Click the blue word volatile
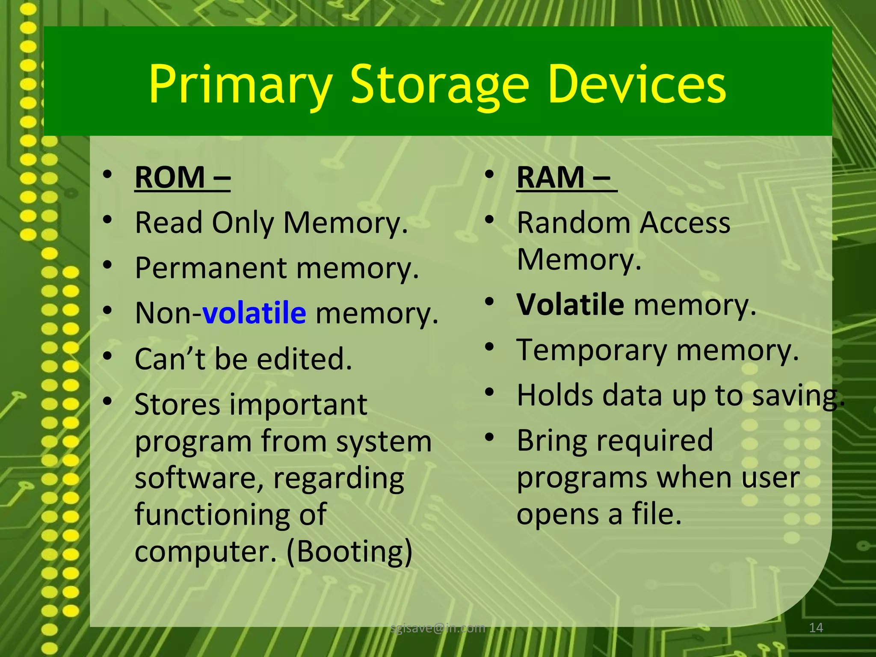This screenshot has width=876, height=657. [x=254, y=313]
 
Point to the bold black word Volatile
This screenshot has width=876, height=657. [x=570, y=305]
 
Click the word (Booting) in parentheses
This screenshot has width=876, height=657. [x=349, y=551]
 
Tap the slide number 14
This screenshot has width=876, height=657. [x=816, y=628]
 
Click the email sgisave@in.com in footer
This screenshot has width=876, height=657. [x=438, y=628]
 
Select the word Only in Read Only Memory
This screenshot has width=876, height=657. [x=243, y=224]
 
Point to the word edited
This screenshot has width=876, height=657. [x=304, y=359]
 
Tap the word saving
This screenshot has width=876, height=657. [x=798, y=396]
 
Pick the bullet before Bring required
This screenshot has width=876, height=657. [x=490, y=437]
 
